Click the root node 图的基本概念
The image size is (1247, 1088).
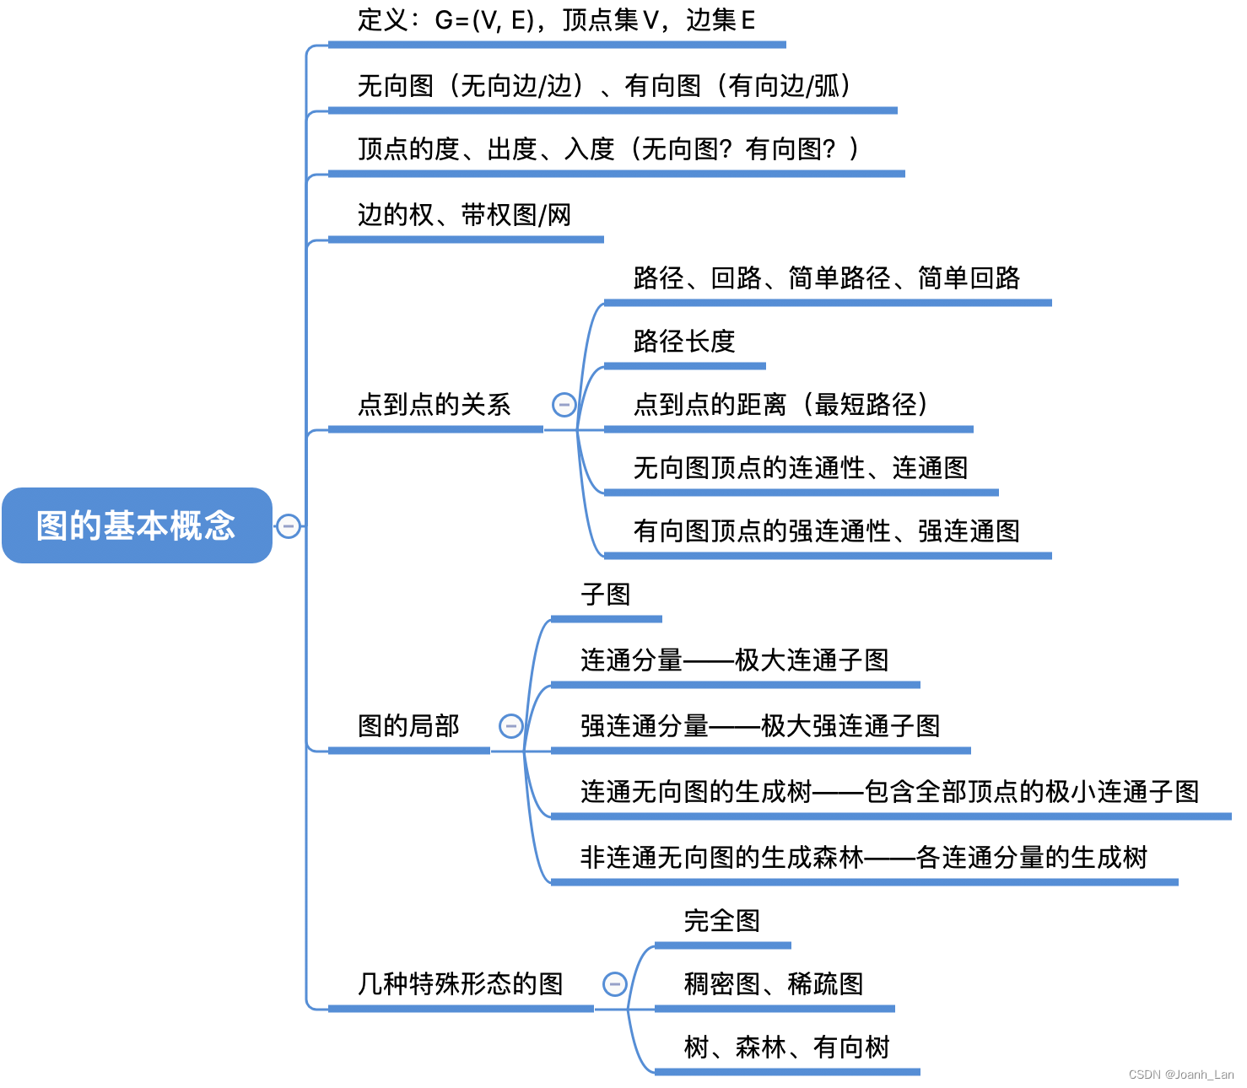point(137,525)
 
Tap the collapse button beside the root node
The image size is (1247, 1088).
point(289,526)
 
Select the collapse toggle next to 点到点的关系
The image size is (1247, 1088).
point(564,405)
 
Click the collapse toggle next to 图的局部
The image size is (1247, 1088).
point(511,725)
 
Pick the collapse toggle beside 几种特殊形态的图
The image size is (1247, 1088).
point(615,983)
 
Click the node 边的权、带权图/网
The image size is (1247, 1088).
point(464,216)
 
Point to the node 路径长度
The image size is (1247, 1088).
point(684,342)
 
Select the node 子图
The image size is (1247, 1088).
point(606,595)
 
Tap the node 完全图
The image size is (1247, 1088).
point(722,921)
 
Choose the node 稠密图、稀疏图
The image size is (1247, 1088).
point(774,984)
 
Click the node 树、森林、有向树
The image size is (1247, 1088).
point(786,1048)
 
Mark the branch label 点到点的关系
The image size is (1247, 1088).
point(434,405)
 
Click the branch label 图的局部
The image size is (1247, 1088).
point(408,725)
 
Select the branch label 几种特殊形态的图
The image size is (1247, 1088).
point(460,984)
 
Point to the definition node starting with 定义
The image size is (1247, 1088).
point(556,20)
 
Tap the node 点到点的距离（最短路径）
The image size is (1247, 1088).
point(780,405)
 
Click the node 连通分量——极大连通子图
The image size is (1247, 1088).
point(734,660)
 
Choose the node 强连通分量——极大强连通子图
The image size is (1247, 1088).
point(759,725)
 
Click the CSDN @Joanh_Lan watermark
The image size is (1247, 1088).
point(1180,1075)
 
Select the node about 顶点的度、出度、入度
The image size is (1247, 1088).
point(607,150)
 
